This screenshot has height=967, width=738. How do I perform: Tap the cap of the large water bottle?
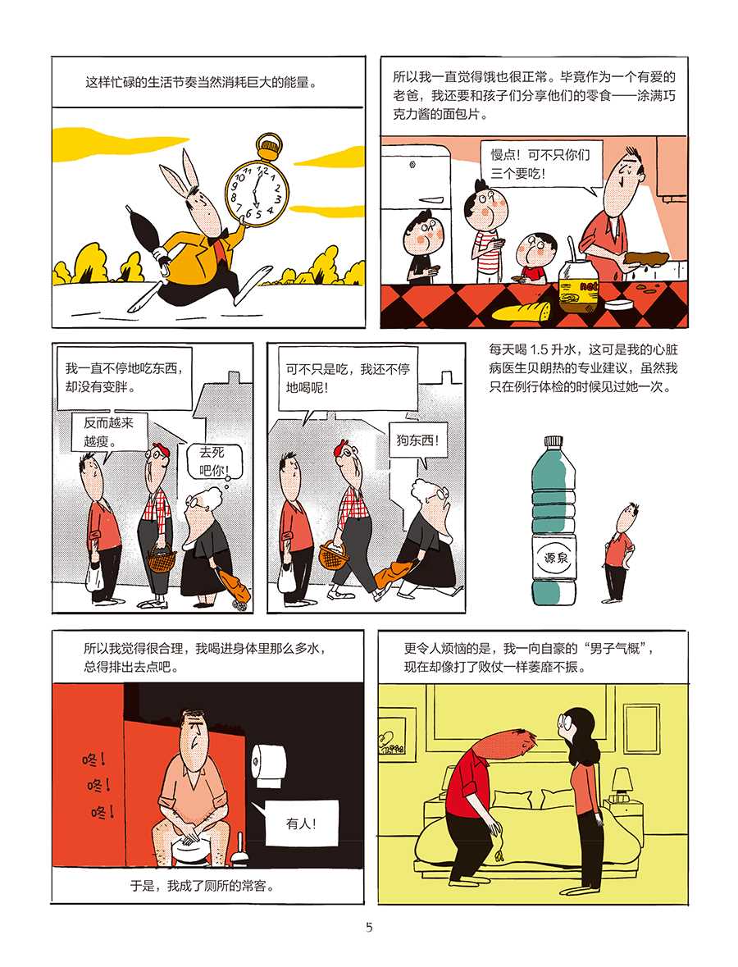click(x=553, y=443)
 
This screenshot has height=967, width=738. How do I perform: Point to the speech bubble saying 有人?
click(x=302, y=824)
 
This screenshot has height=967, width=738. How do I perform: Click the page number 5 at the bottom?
click(x=369, y=927)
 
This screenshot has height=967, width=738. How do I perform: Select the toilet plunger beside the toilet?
click(x=240, y=849)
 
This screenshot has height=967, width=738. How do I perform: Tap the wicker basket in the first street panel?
click(x=161, y=559)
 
